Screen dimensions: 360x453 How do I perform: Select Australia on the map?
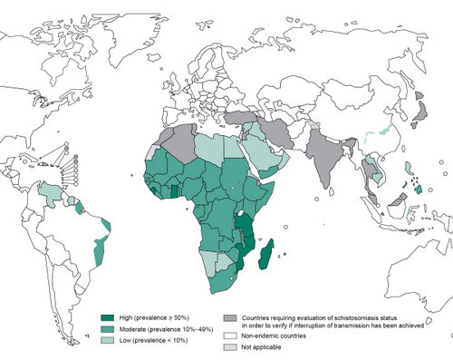[x=399, y=263]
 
